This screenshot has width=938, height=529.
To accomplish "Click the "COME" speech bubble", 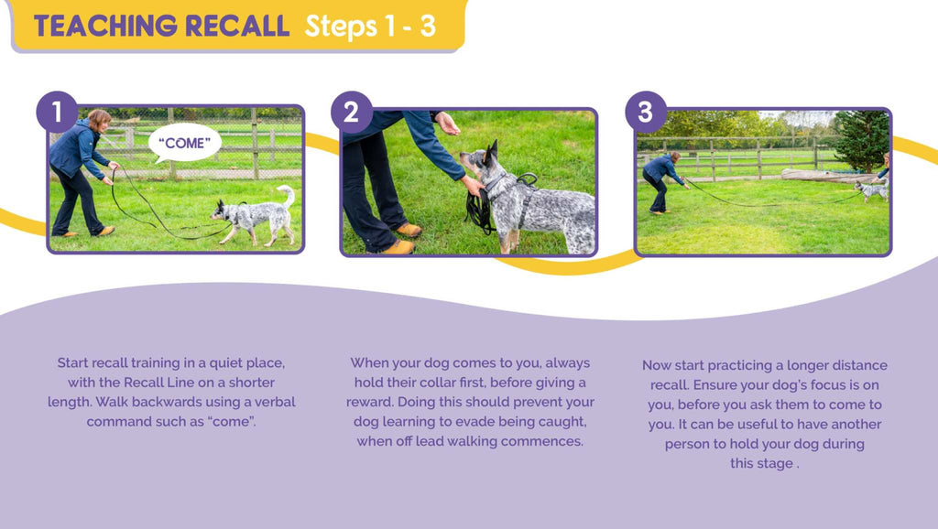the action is (184, 143).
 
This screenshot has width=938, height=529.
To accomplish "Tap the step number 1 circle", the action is (57, 112).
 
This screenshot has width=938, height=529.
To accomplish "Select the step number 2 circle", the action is (351, 113).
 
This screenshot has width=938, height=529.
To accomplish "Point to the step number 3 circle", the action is (646, 112).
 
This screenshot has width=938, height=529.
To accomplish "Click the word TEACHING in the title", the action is (105, 27).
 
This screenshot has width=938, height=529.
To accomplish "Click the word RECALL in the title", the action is (237, 27).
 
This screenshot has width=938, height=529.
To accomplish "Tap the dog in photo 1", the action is (254, 215).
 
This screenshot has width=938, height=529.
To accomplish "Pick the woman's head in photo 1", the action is (99, 120).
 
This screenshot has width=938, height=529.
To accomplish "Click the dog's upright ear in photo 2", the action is (492, 154).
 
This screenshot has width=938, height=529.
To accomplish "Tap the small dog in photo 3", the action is (871, 190).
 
